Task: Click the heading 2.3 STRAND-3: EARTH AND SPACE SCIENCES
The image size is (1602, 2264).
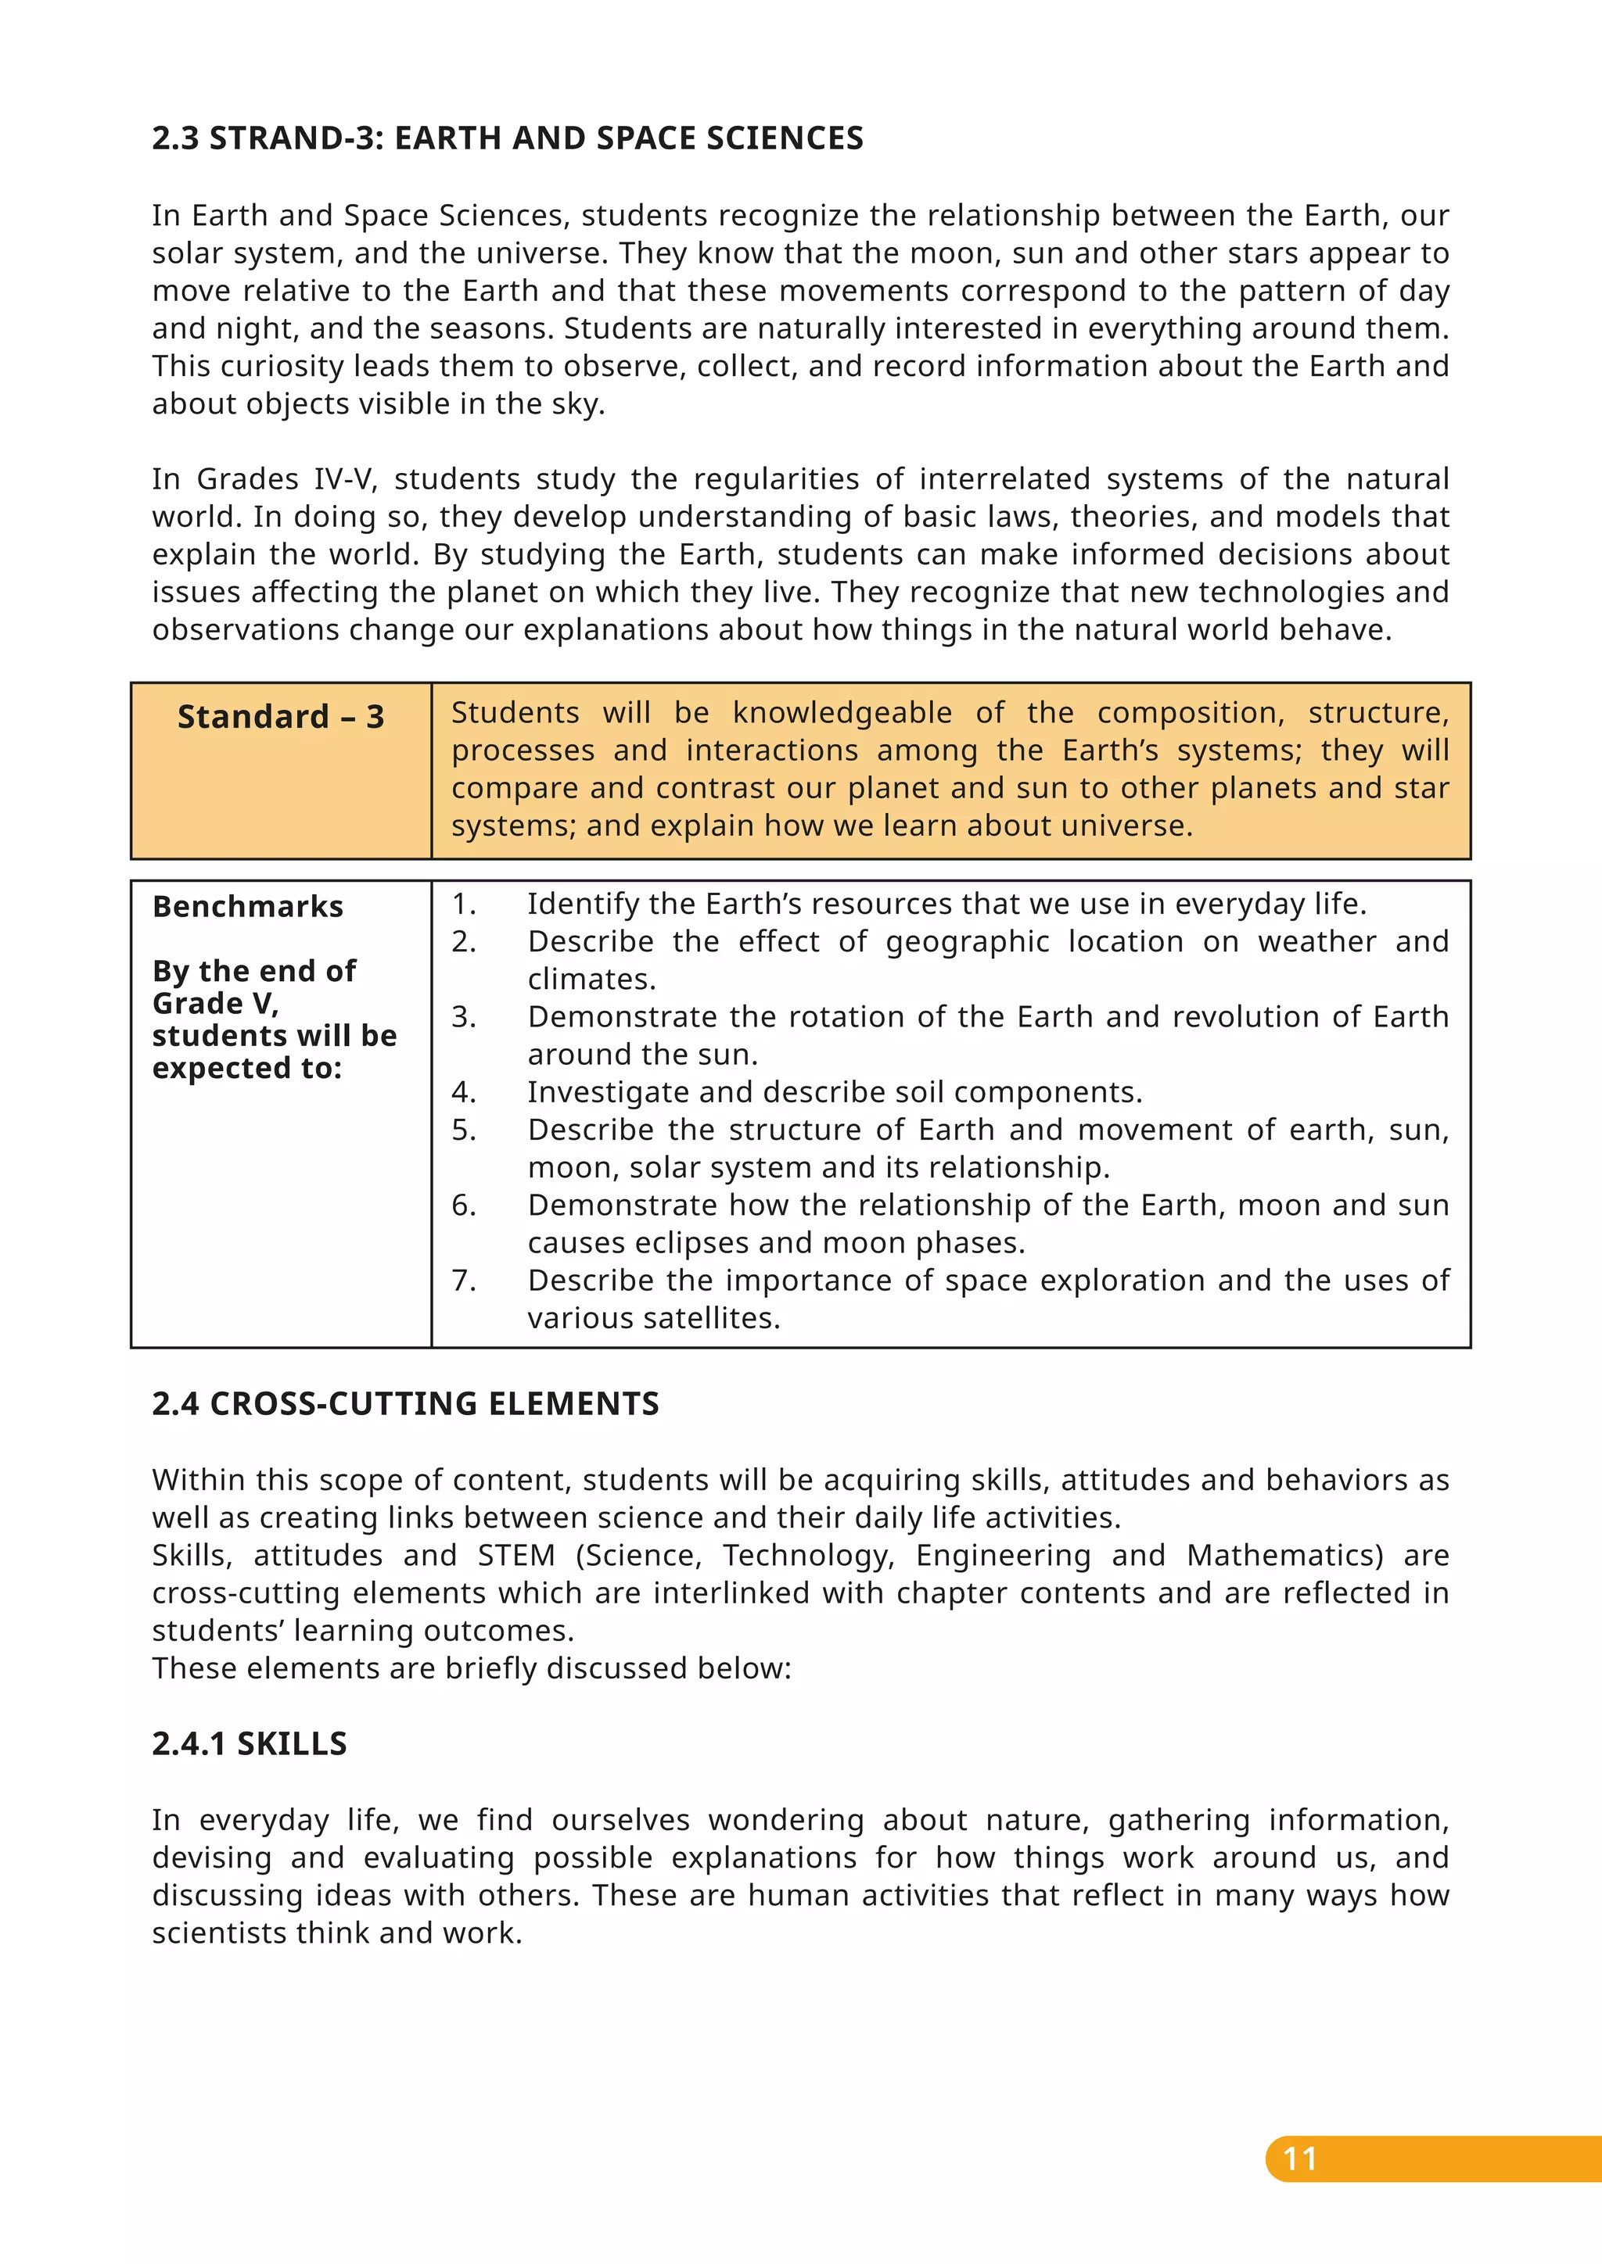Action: point(507,138)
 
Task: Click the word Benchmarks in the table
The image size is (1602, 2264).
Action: point(248,906)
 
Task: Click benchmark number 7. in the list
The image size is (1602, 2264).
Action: point(464,1280)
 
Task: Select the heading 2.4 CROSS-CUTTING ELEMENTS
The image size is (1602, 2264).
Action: point(404,1403)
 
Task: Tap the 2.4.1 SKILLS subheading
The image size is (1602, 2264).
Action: point(249,1743)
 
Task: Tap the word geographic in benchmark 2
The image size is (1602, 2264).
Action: point(967,942)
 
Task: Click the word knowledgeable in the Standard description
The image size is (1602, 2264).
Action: point(842,713)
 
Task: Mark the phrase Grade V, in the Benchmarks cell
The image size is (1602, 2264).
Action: point(215,1004)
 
